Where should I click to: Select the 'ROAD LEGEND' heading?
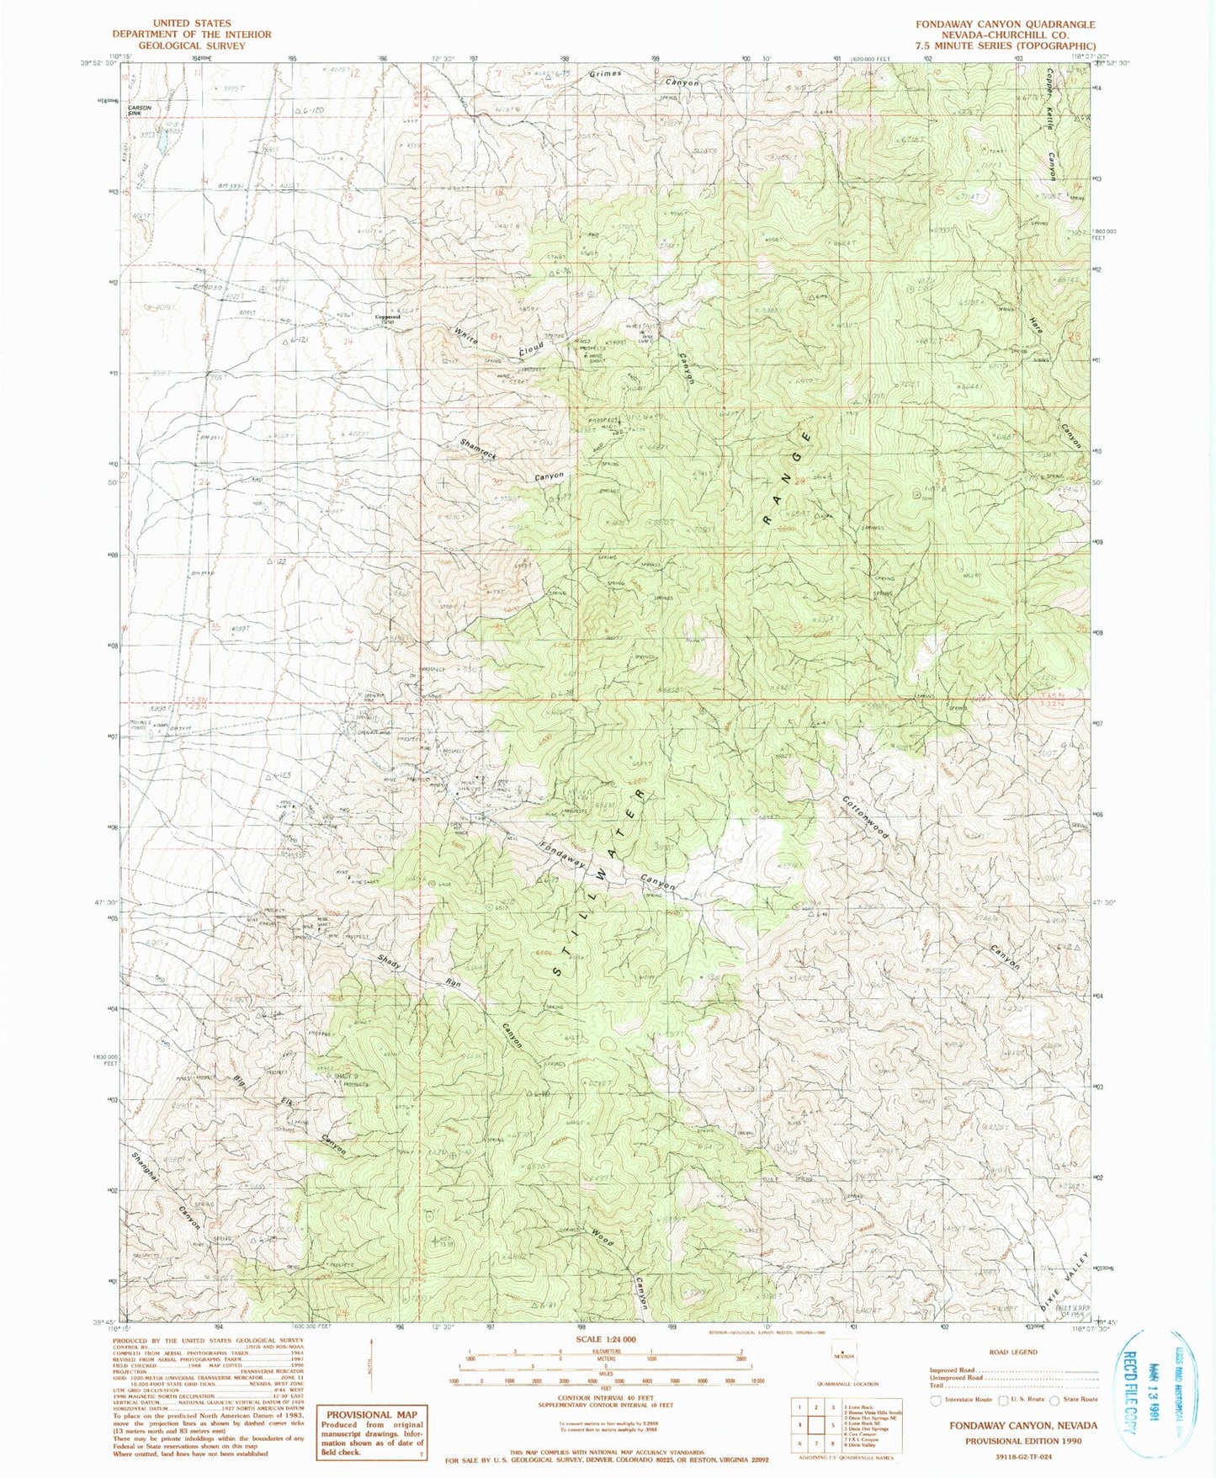coord(1013,1352)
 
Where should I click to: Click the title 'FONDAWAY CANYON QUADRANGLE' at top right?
coord(1006,24)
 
